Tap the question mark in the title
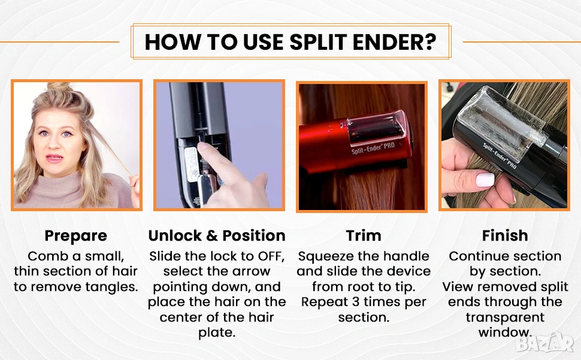[431, 41]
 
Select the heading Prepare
[75, 236]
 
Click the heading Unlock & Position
[217, 236]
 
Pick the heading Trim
[364, 236]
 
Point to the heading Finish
[505, 236]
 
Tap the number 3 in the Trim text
[356, 302]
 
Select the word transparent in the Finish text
[505, 317]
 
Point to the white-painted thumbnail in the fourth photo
[485, 179]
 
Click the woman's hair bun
[59, 88]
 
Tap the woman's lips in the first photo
[55, 158]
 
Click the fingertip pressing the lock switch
[202, 148]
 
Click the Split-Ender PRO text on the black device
[500, 156]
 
